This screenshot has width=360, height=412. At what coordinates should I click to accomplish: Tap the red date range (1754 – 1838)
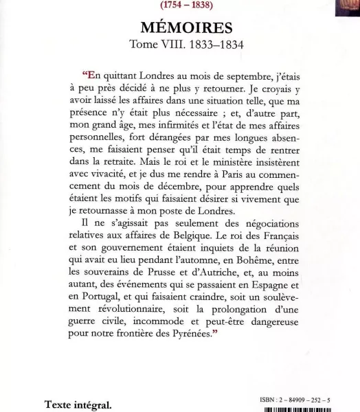tap(180, 5)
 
